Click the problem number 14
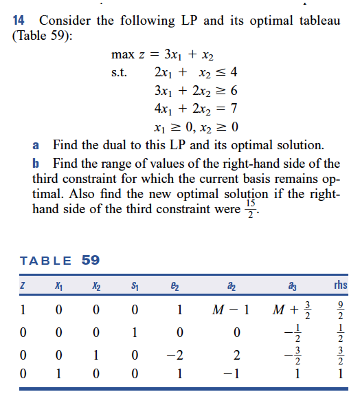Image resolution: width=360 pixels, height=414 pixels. click(x=19, y=20)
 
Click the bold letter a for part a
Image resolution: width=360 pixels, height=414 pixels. click(x=36, y=146)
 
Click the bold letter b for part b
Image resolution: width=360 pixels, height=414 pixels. click(x=36, y=164)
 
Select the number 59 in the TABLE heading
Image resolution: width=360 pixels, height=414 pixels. click(x=91, y=261)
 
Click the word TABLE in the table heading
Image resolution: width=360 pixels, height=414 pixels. click(x=47, y=261)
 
